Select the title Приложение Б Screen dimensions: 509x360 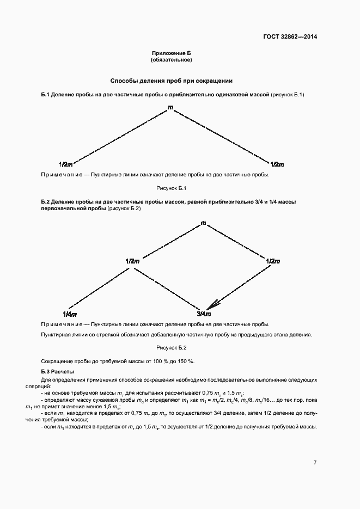coord(172,53)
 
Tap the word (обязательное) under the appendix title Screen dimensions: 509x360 coord(172,60)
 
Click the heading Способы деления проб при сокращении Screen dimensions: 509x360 coord(172,81)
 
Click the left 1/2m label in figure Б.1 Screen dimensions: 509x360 coord(66,164)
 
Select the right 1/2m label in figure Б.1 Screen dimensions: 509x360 coord(277,164)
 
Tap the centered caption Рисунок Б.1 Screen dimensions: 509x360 coord(172,188)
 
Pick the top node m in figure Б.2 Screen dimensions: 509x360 coord(203,223)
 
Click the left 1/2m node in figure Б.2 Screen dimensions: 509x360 coord(132,261)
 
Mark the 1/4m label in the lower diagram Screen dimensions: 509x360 coord(69,314)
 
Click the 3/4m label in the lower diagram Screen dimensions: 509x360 coord(203,314)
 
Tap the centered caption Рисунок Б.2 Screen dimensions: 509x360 coord(172,347)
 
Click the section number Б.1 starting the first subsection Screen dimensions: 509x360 coord(46,95)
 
